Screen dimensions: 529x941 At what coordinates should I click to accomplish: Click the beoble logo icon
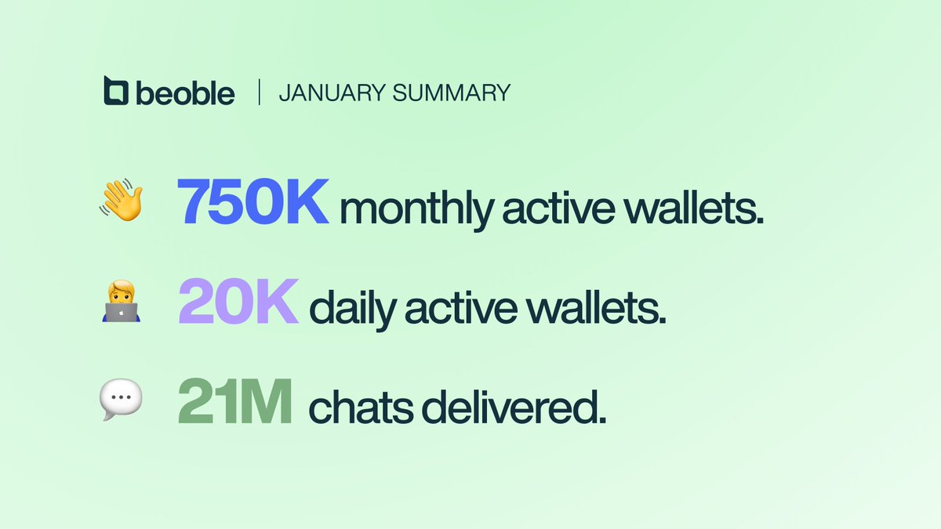(x=115, y=91)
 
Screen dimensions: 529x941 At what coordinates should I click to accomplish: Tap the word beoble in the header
(x=184, y=92)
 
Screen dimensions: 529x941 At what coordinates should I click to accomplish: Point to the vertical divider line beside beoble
(x=259, y=92)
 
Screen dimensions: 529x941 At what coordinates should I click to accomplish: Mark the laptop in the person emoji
(x=121, y=313)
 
